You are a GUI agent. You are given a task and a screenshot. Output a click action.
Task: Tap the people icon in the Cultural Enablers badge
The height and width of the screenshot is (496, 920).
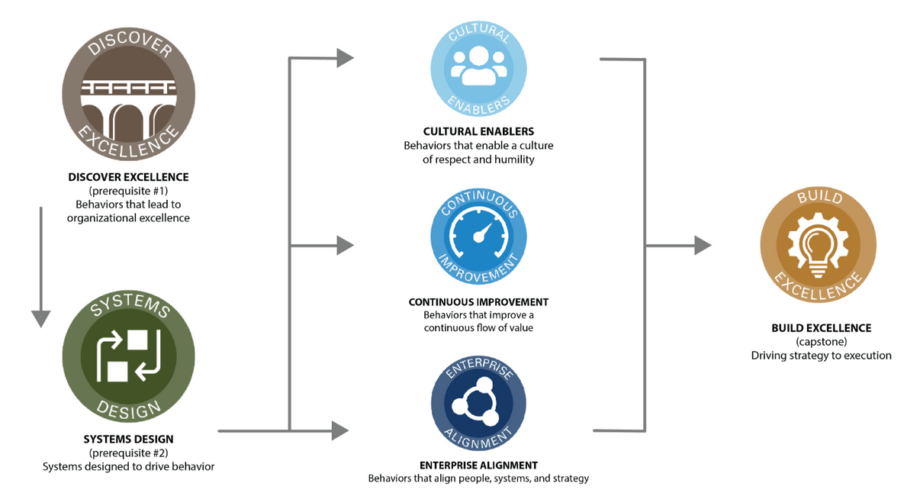tap(478, 66)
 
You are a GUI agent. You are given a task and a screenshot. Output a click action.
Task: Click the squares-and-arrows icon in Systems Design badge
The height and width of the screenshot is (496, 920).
tap(128, 356)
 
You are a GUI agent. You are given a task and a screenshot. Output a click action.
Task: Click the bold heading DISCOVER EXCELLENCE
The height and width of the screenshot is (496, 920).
tap(128, 177)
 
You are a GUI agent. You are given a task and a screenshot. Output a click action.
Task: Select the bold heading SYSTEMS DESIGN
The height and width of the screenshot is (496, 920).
tap(128, 439)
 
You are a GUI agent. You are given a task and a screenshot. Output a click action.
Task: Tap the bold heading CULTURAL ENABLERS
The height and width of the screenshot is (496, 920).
tap(478, 131)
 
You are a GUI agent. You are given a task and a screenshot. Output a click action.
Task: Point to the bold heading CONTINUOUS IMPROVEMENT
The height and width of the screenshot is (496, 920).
tap(478, 302)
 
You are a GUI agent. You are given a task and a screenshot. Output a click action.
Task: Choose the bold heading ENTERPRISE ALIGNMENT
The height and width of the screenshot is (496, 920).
tap(478, 465)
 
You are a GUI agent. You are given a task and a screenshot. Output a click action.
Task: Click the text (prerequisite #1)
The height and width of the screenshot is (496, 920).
tap(128, 191)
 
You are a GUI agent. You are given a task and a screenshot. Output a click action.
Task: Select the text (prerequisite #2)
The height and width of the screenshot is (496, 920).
tap(128, 453)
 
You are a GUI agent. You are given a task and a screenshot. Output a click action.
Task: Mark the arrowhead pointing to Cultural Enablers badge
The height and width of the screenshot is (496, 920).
tap(345, 58)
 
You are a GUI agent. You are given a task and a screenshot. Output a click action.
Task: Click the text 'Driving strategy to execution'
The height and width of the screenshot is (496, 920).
tap(821, 356)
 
